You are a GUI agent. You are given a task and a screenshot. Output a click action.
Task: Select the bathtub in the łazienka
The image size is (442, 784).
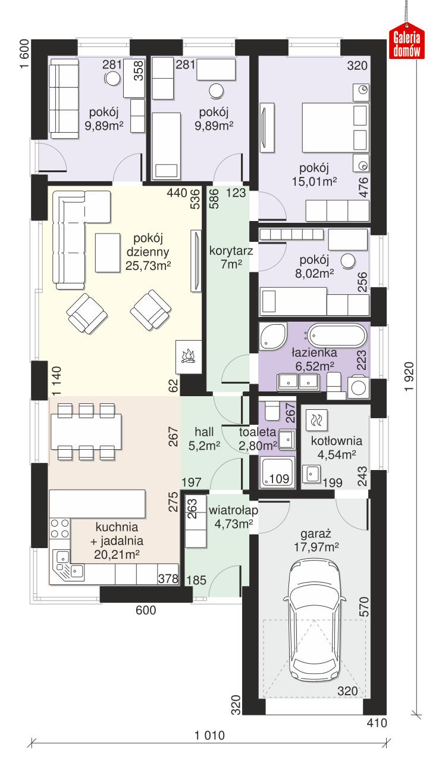pyautogui.click(x=334, y=336)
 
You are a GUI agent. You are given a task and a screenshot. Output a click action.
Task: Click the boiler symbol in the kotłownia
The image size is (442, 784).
pyautogui.click(x=316, y=420)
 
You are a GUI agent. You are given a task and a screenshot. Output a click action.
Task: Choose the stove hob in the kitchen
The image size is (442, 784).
pyautogui.click(x=59, y=529)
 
